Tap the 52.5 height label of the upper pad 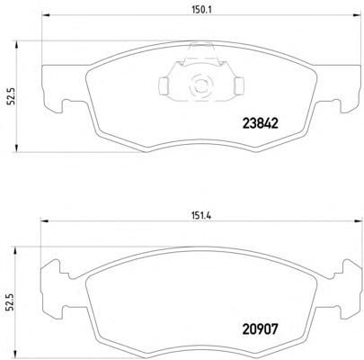13,96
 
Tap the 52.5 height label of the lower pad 13,302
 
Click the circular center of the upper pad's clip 200,84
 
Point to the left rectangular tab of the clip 164,85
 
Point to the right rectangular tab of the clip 240,85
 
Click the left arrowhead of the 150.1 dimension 45,15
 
